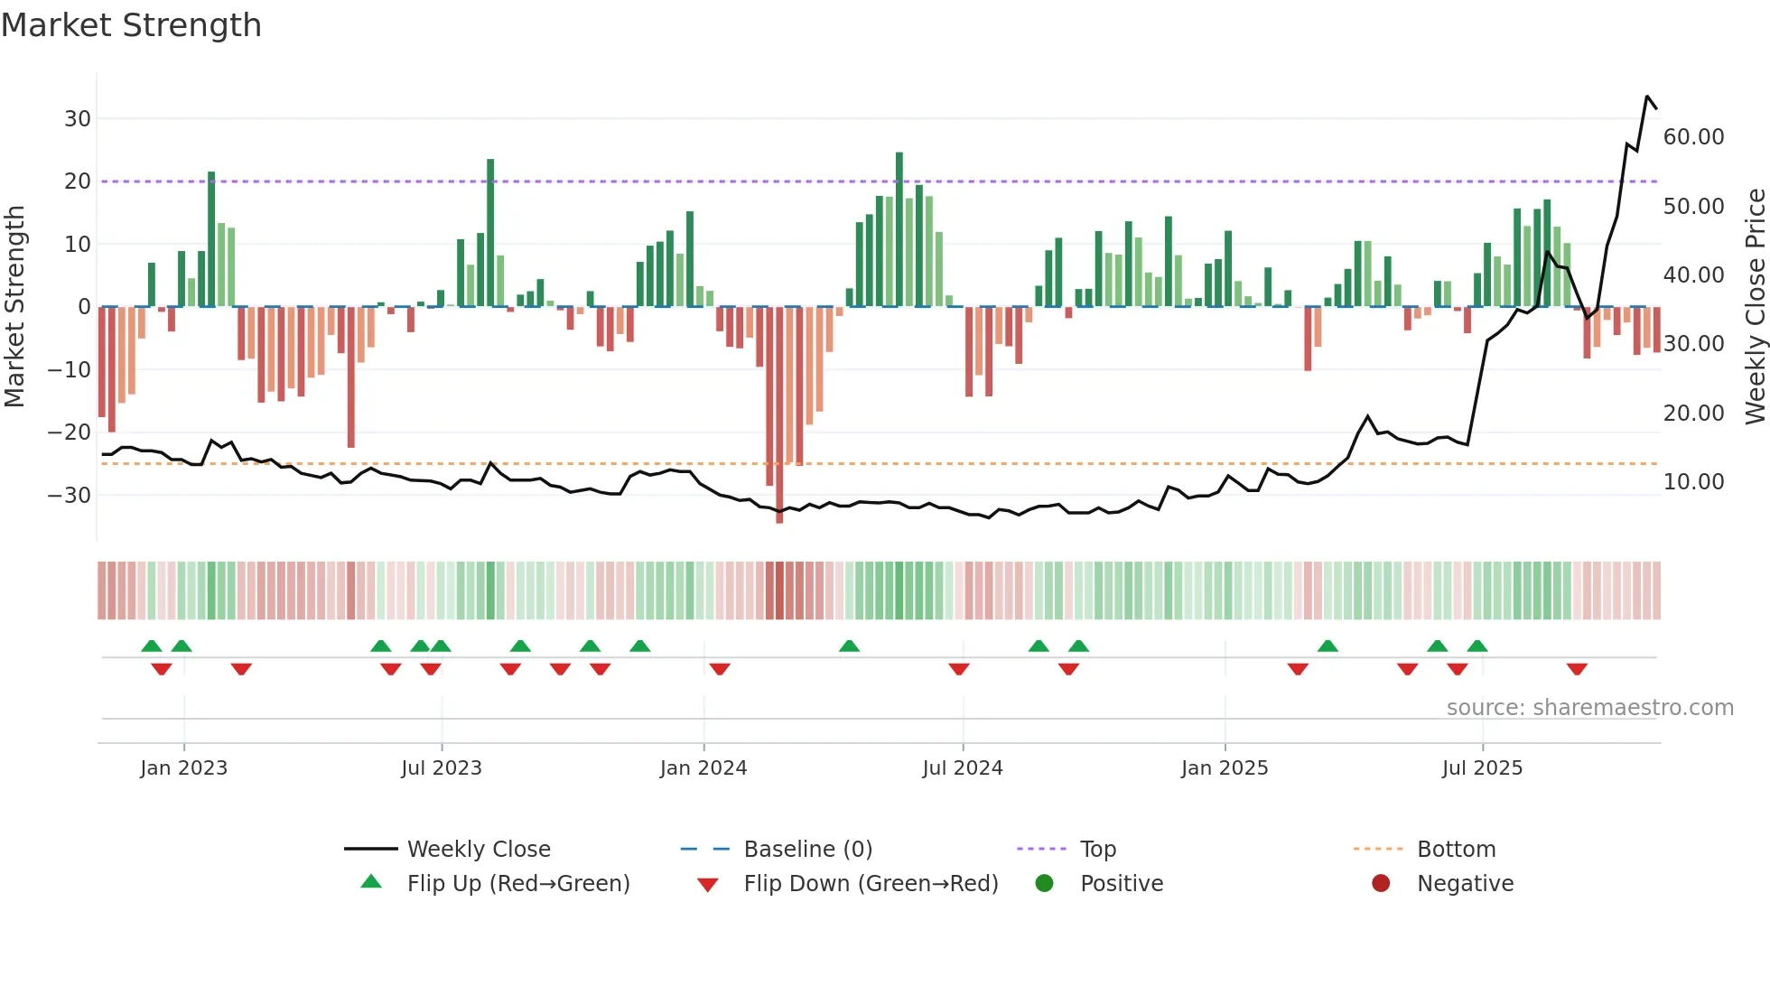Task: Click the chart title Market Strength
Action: click(x=131, y=25)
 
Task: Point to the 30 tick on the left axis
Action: click(x=78, y=119)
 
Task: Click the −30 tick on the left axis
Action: click(x=70, y=496)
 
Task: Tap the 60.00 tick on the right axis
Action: click(x=1693, y=137)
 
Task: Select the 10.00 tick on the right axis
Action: click(x=1693, y=482)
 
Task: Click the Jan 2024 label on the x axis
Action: click(x=703, y=768)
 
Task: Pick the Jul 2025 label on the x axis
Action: click(x=1482, y=768)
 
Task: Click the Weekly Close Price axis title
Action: click(x=1755, y=307)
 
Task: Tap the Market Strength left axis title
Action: click(x=14, y=307)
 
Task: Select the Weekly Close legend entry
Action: click(x=479, y=850)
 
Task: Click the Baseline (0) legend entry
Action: click(x=807, y=850)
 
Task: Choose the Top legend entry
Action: click(x=1098, y=850)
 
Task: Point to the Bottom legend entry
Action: click(x=1456, y=850)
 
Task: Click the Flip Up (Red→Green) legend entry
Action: click(x=517, y=884)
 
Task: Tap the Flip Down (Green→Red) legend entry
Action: click(x=871, y=884)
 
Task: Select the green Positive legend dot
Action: click(x=1045, y=884)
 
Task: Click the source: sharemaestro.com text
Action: click(x=1589, y=708)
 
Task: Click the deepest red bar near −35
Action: click(x=779, y=415)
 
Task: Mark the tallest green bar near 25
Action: click(x=899, y=229)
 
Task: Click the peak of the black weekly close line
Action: click(x=1647, y=97)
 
